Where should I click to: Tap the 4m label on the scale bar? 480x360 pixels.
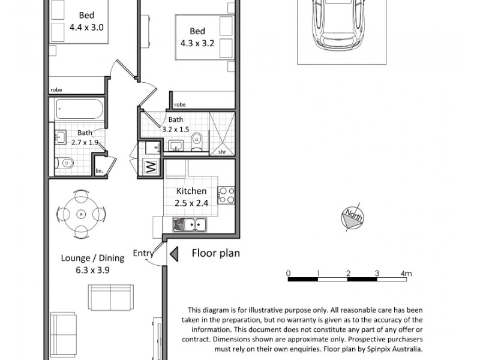pyautogui.click(x=406, y=274)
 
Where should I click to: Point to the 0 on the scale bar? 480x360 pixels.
pyautogui.click(x=289, y=274)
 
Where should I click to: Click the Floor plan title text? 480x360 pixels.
pyautogui.click(x=215, y=253)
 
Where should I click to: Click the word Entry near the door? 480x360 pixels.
pyautogui.click(x=143, y=253)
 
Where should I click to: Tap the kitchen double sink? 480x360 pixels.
pyautogui.click(x=190, y=225)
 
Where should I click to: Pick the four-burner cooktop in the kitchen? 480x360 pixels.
pyautogui.click(x=226, y=195)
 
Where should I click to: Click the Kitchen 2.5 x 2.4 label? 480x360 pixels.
pyautogui.click(x=191, y=197)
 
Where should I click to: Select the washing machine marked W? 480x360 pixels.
pyautogui.click(x=151, y=167)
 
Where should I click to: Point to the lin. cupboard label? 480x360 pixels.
pyautogui.click(x=99, y=171)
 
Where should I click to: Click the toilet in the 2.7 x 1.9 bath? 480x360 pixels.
pyautogui.click(x=67, y=163)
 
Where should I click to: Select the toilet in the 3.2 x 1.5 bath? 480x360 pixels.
pyautogui.click(x=197, y=142)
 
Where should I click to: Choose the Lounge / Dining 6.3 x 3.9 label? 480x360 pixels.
pyautogui.click(x=92, y=264)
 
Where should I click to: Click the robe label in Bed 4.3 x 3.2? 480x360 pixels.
pyautogui.click(x=179, y=104)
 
